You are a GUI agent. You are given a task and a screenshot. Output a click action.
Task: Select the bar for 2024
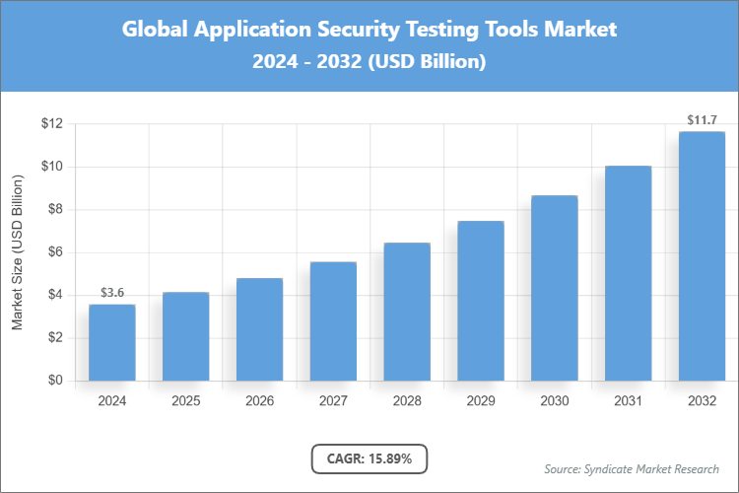pos(111,342)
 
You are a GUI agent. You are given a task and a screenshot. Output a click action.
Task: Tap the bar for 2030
pos(554,288)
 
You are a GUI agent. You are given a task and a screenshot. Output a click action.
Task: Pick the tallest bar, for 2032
pos(702,256)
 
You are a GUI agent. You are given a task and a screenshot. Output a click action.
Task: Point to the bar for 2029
pos(480,301)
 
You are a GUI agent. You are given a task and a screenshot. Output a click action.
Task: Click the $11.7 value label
pos(702,120)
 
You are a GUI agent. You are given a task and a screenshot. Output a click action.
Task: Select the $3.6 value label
pos(111,293)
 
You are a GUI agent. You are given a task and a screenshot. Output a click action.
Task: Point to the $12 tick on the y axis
pos(51,124)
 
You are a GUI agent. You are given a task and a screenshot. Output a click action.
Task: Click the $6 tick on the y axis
pos(54,252)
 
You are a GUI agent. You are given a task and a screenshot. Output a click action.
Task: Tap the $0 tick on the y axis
pos(54,381)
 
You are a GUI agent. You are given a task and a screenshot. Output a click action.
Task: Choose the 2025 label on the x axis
pos(185,401)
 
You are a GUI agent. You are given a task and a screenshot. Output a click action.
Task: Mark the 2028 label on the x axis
pos(406,401)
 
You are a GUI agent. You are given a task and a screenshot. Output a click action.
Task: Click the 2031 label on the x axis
pos(628,401)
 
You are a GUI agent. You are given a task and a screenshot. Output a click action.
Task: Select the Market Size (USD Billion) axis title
pos(17,252)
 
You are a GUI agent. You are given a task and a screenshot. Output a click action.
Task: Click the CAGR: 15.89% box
pos(369,458)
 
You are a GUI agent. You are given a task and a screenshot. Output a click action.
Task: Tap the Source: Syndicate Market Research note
pos(631,468)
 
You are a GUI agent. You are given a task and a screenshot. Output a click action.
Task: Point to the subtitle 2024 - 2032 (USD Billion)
pos(369,61)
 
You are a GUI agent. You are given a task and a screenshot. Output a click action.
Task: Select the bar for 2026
pos(259,329)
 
